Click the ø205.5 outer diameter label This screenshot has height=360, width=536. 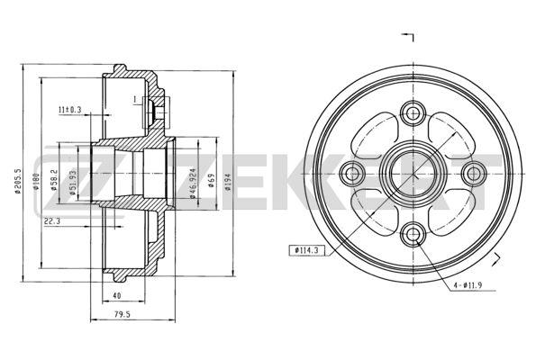pyautogui.click(x=18, y=181)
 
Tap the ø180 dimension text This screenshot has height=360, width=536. pyautogui.click(x=36, y=182)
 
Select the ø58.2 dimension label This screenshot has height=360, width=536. pyautogui.click(x=54, y=180)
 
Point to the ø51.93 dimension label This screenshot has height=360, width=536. pyautogui.click(x=72, y=183)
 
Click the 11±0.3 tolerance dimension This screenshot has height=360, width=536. pyautogui.click(x=69, y=110)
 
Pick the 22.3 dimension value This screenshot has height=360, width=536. pyautogui.click(x=52, y=221)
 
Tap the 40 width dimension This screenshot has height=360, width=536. pyautogui.click(x=117, y=295)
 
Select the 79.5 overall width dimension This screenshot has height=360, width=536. pyautogui.click(x=123, y=315)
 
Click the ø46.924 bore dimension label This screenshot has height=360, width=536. pyautogui.click(x=193, y=183)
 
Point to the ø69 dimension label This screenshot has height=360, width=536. pyautogui.click(x=211, y=181)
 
